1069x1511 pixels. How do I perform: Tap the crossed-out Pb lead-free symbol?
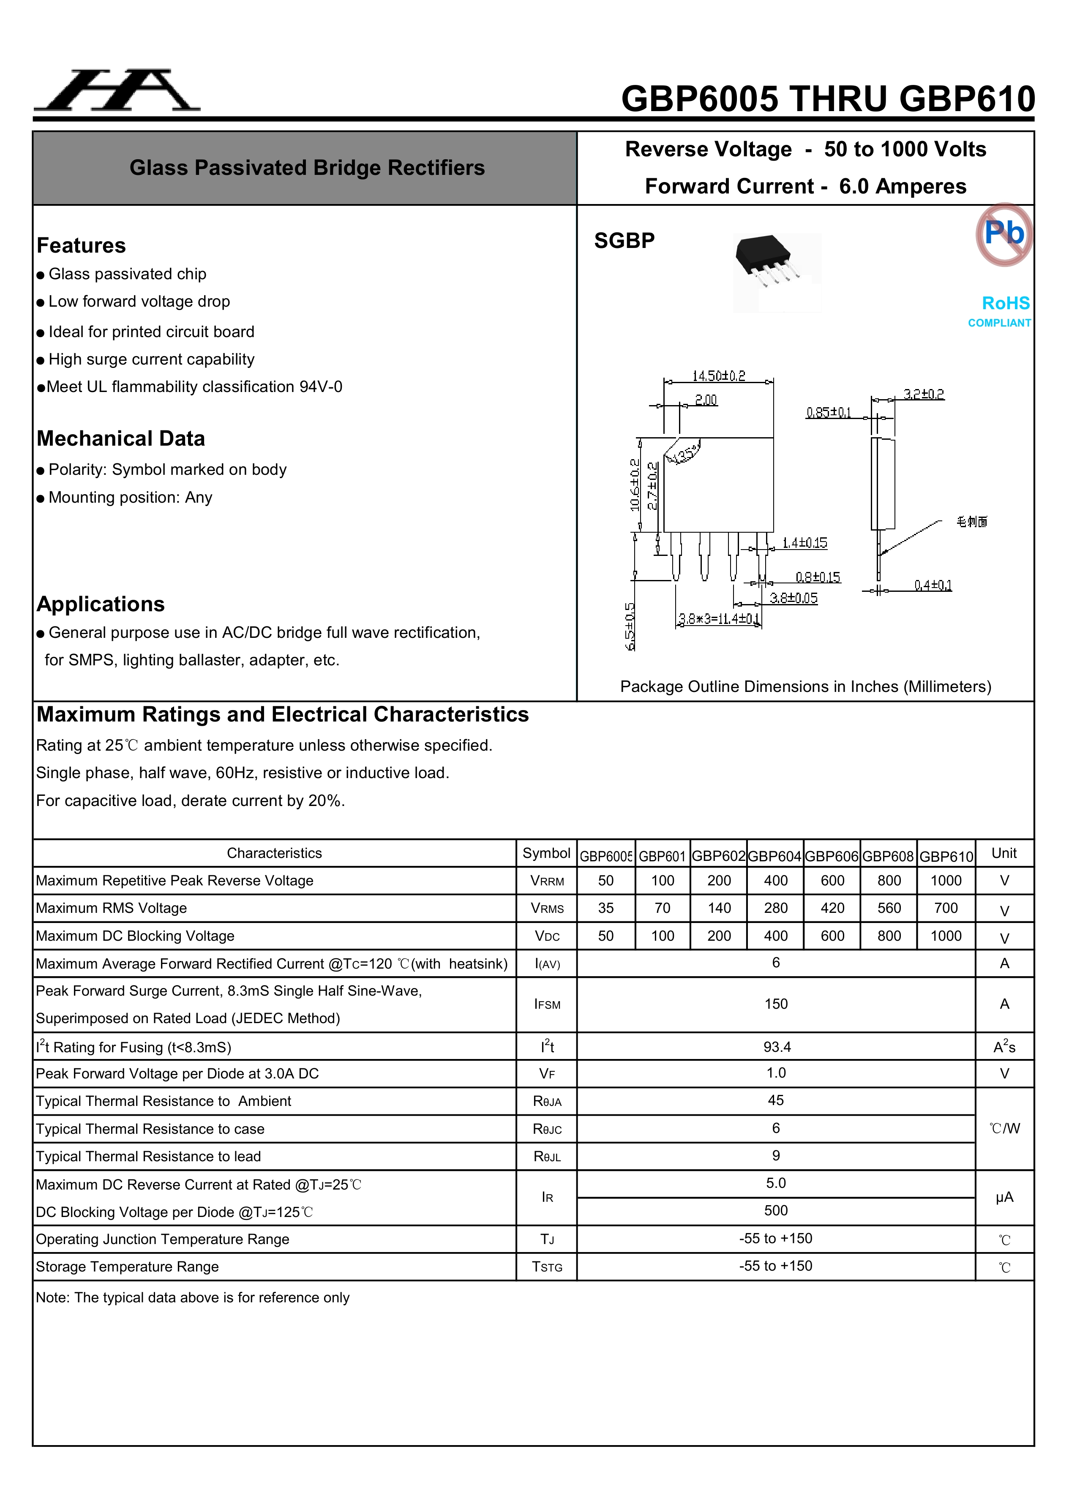(x=1004, y=234)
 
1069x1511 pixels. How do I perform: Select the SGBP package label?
(x=624, y=241)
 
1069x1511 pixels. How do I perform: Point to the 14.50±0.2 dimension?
(x=718, y=376)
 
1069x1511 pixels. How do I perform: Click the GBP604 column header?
(x=775, y=856)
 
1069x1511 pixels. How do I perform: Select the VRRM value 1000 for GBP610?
(x=946, y=881)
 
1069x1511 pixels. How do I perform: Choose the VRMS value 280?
(x=775, y=908)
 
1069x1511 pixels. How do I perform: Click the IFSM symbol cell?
(x=547, y=1004)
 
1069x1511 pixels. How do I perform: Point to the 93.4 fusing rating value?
(x=777, y=1047)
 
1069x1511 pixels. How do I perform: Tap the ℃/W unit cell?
(x=1004, y=1129)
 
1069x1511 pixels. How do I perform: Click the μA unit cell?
(x=1004, y=1197)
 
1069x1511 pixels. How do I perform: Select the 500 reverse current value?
(x=776, y=1211)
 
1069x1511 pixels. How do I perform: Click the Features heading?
(x=81, y=245)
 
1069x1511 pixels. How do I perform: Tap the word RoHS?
(x=1005, y=303)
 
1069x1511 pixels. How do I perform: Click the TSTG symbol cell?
(x=547, y=1267)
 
